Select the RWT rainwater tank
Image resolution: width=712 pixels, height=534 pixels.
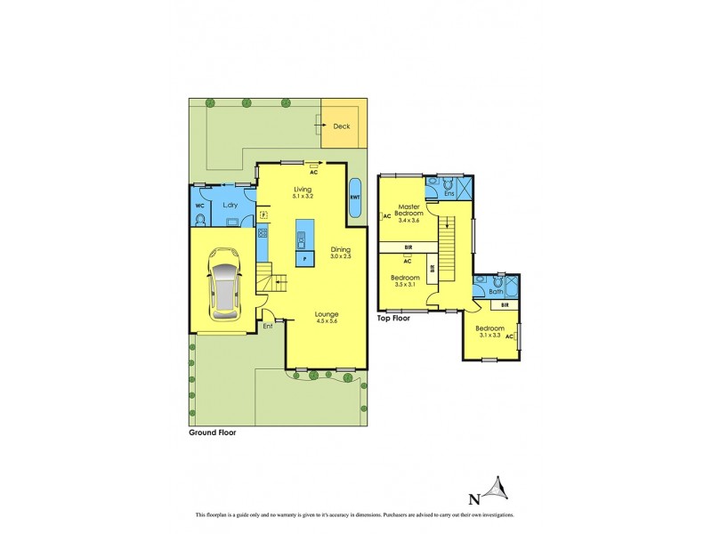click(354, 197)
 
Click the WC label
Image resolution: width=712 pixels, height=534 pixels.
click(199, 206)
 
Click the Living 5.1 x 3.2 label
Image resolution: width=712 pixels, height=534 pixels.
click(304, 192)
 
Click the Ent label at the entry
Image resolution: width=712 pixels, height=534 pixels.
click(267, 326)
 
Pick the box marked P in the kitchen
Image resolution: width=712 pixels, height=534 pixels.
click(304, 259)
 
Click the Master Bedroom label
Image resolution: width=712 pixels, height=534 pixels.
click(409, 214)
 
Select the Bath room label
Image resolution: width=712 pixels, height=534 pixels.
click(496, 291)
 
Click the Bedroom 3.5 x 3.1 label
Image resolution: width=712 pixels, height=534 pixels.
click(405, 281)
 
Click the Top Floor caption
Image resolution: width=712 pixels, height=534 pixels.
click(392, 318)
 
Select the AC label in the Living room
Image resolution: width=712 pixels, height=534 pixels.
click(313, 173)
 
